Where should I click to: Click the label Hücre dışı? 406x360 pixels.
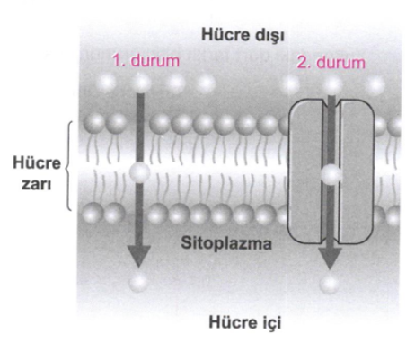coord(243,35)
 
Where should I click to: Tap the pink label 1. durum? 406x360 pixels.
coord(146,60)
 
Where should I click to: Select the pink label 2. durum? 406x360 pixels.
coord(331,63)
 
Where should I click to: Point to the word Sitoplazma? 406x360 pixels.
coord(226,243)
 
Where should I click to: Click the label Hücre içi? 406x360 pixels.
coord(245,322)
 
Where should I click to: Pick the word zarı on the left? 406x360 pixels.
coord(36,184)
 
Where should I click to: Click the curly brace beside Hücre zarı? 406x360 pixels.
coord(69,166)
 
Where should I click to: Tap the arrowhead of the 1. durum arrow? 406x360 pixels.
coord(138,256)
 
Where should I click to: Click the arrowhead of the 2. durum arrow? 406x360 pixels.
coord(330,259)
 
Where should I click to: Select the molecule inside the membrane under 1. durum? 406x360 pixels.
coord(139,173)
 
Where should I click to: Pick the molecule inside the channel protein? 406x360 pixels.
coord(331,175)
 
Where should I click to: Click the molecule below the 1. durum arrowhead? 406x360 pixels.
coord(138,282)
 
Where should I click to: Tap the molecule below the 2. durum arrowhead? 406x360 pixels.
coord(330,284)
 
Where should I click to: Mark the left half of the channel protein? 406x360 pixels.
coord(305,171)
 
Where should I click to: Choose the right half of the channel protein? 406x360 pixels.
coord(356,171)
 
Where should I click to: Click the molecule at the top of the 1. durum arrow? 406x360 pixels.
coord(141,83)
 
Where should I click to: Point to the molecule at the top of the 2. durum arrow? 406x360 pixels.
coord(332,85)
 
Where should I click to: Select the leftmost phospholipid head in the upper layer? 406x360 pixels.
coord(94,124)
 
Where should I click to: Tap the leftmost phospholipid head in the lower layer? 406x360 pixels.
coord(93,213)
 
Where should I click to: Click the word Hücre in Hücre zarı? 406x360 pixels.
coord(37,163)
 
